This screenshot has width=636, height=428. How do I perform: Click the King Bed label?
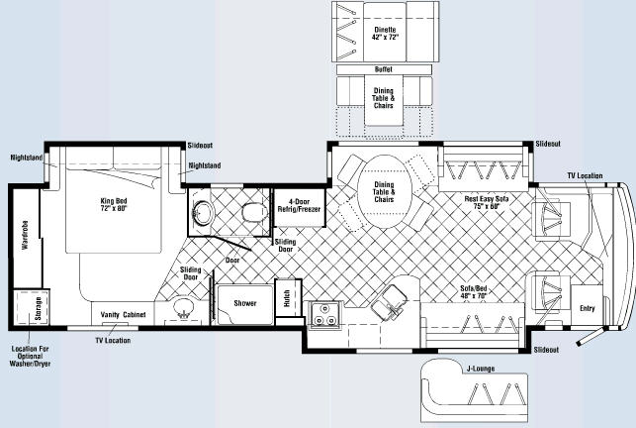[114, 204]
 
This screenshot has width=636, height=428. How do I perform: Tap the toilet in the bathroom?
[255, 212]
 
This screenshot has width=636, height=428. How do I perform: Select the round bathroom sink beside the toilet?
[203, 213]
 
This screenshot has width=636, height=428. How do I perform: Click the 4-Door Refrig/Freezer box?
[300, 207]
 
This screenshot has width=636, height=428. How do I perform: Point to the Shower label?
[245, 303]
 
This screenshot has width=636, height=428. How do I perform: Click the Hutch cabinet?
[288, 298]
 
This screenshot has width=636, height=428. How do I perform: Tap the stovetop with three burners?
[325, 314]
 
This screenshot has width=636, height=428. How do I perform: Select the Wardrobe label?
[25, 235]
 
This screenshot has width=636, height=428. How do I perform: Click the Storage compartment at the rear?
[32, 307]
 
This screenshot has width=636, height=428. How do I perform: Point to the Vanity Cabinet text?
[123, 315]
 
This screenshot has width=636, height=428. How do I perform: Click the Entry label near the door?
[587, 308]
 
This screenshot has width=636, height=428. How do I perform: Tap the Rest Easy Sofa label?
[487, 202]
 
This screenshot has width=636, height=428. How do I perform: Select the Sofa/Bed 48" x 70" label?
[474, 292]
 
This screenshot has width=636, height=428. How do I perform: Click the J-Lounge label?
[481, 369]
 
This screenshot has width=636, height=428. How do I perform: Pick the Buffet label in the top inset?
[384, 69]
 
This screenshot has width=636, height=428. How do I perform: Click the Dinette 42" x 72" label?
[385, 34]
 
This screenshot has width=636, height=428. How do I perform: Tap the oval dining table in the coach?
[385, 192]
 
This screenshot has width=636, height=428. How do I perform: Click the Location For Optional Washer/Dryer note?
[30, 356]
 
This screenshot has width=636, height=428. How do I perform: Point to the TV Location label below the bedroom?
[113, 340]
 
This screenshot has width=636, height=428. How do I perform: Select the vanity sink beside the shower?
[184, 308]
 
